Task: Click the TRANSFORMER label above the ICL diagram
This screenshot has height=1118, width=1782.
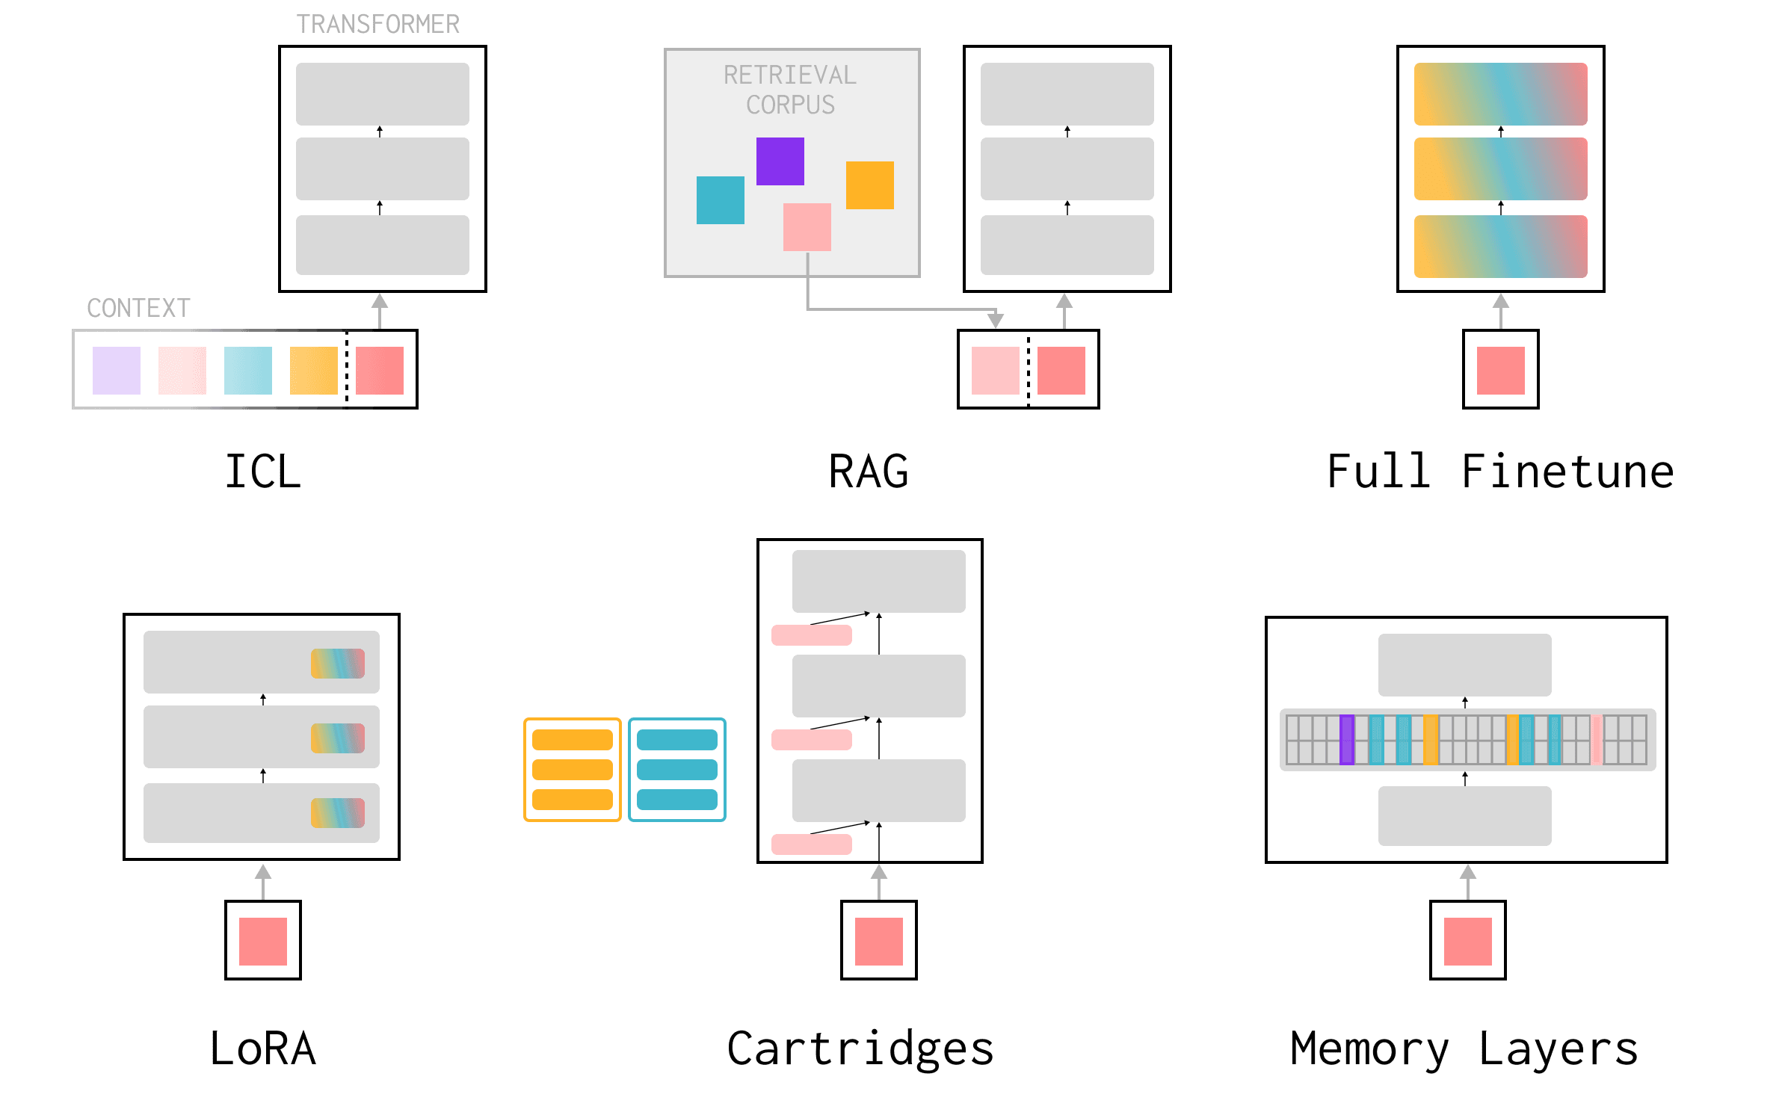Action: (x=377, y=25)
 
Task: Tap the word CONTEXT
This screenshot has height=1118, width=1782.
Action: (x=138, y=308)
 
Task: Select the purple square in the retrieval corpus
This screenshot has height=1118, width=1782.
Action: (x=780, y=161)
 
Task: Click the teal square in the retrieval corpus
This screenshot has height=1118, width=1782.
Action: (x=720, y=200)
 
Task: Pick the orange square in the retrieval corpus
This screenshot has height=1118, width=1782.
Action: (x=869, y=185)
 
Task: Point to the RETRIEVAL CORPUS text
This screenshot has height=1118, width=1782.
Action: (x=790, y=90)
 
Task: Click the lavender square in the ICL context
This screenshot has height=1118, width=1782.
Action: (x=116, y=370)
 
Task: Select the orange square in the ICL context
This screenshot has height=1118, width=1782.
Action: (x=313, y=370)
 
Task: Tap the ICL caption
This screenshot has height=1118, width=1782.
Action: (x=262, y=472)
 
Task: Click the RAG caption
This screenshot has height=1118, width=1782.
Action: (x=868, y=472)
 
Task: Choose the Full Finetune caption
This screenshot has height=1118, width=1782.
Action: (x=1499, y=472)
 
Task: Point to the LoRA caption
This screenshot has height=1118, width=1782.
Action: (x=262, y=1048)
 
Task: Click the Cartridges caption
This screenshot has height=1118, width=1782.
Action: (x=860, y=1048)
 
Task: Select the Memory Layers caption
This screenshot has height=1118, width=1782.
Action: (x=1464, y=1048)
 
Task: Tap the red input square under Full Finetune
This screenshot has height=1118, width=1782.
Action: (x=1500, y=370)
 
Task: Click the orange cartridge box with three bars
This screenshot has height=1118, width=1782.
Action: (x=572, y=769)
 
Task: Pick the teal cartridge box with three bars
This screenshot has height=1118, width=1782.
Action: (x=676, y=769)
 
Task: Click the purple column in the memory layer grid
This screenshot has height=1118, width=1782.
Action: (x=1346, y=739)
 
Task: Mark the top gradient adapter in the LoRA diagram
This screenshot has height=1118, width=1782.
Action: (x=337, y=663)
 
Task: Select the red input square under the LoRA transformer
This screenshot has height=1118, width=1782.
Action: (x=262, y=941)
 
